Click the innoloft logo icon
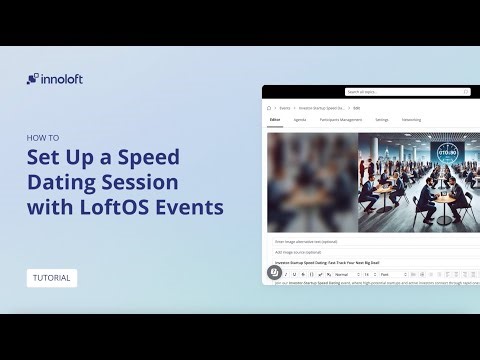[33, 79]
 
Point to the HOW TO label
[42, 137]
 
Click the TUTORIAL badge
[52, 277]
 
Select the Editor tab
[275, 120]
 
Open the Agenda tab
[300, 120]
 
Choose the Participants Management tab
[341, 120]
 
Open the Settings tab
[382, 120]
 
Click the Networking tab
[411, 120]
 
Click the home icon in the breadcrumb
[269, 106]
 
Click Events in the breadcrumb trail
[285, 106]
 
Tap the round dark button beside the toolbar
[274, 272]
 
